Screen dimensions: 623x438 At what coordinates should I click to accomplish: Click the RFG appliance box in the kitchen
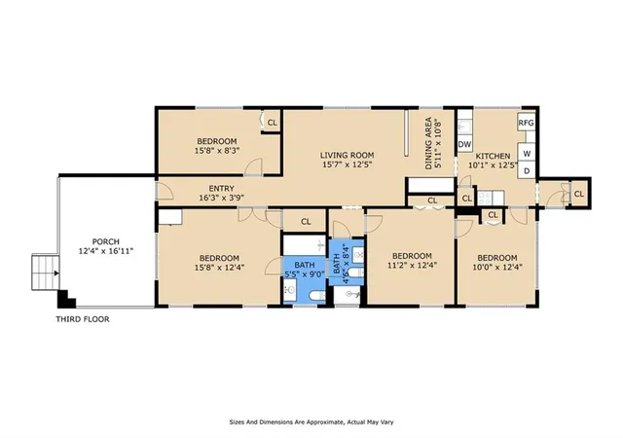[526, 123]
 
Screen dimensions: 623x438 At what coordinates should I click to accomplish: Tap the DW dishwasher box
[464, 144]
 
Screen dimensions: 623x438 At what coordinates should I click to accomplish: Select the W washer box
[527, 154]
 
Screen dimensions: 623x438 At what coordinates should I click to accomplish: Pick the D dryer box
[527, 171]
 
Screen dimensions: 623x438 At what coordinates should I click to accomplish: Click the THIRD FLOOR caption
[83, 319]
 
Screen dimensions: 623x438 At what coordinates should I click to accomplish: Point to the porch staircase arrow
[56, 274]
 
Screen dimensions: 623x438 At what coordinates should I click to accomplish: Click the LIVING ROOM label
[347, 155]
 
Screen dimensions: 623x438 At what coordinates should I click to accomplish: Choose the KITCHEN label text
[494, 156]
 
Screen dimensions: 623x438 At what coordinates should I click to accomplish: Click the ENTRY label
[221, 189]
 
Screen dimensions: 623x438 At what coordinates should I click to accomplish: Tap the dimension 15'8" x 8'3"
[217, 151]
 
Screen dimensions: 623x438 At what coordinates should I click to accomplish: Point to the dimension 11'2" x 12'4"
[412, 265]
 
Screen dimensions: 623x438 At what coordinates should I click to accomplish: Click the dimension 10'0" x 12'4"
[497, 267]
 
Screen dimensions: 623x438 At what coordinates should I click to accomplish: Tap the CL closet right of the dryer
[579, 194]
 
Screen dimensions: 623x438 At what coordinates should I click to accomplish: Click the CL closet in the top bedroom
[273, 123]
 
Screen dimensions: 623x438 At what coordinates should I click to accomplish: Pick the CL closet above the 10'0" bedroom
[493, 215]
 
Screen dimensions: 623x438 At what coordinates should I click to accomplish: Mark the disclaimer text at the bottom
[311, 422]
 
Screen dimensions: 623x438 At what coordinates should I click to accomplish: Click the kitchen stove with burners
[491, 198]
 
